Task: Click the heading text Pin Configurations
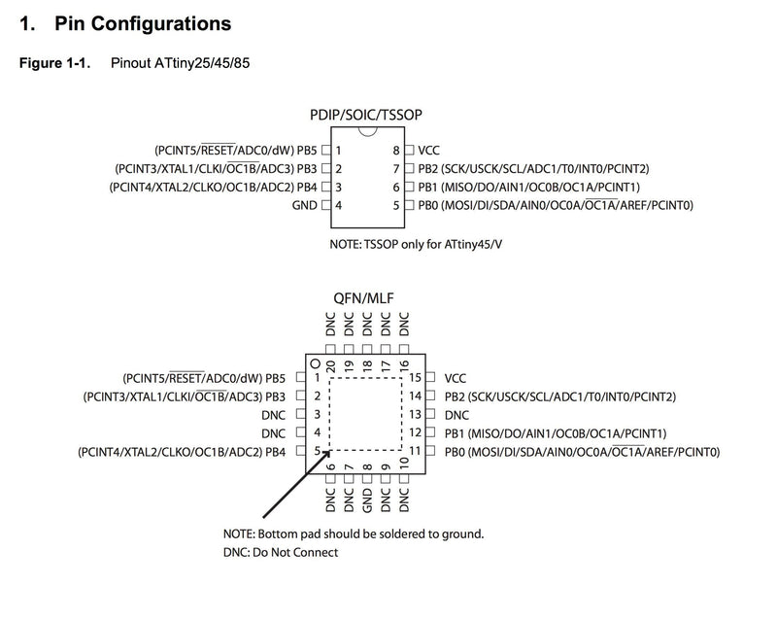(x=143, y=23)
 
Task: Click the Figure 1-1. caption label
(x=54, y=63)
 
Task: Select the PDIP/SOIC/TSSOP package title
(x=366, y=115)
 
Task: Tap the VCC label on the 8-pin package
(x=428, y=151)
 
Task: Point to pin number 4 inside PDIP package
(x=338, y=205)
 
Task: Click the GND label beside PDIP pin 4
(x=304, y=205)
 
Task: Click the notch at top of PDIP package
(x=368, y=131)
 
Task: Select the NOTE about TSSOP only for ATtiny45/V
(x=416, y=244)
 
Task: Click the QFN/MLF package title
(x=363, y=298)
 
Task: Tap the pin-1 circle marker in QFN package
(x=315, y=364)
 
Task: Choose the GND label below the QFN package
(x=367, y=500)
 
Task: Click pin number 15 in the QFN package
(x=415, y=378)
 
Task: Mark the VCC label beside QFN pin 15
(x=455, y=379)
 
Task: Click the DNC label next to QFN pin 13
(x=456, y=415)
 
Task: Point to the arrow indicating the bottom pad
(x=297, y=484)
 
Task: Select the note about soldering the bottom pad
(x=354, y=534)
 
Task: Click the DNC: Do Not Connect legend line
(x=281, y=553)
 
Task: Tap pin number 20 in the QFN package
(x=330, y=366)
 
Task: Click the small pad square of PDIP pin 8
(x=409, y=150)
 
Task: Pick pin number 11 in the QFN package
(x=415, y=451)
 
